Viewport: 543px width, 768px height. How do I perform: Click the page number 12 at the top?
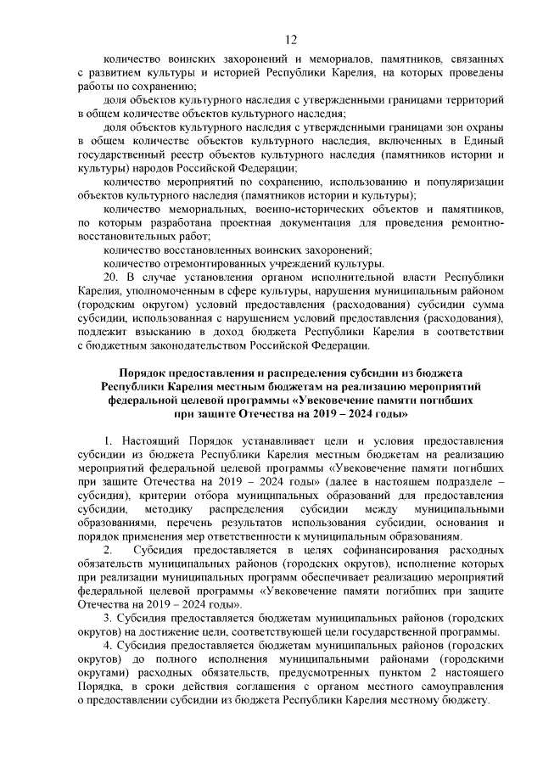point(290,40)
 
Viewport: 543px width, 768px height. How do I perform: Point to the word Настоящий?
point(154,441)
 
